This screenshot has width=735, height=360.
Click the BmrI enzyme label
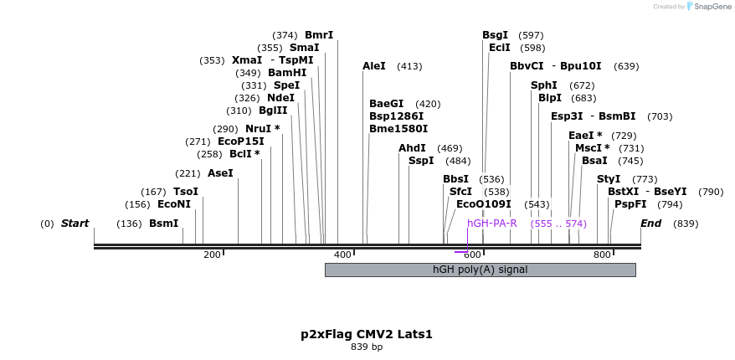pos(319,35)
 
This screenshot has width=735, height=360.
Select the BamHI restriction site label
pos(287,73)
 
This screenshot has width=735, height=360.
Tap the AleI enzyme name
pos(374,66)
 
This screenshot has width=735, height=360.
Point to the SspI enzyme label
pos(421,161)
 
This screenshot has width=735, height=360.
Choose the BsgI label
pos(495,35)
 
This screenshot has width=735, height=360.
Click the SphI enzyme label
pos(544,85)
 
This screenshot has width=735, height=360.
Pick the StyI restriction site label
pos(609,179)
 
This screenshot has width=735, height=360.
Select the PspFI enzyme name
pos(630,204)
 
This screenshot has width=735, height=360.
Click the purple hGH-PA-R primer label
pos(492,224)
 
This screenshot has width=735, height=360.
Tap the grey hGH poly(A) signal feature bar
pos(480,270)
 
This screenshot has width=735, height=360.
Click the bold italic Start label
pos(75,224)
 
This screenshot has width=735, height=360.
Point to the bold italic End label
pos(650,224)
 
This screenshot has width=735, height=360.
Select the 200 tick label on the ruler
pos(212,255)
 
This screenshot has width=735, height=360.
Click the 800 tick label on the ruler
pos(602,255)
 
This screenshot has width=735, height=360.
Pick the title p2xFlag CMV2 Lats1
pos(367,334)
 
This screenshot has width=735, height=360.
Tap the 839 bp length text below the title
pos(367,347)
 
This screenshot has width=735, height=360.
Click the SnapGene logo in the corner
pos(708,7)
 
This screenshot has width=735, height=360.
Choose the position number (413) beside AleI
pos(409,66)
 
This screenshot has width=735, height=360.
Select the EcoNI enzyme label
pos(174,204)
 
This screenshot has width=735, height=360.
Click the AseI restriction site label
pos(220,173)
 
